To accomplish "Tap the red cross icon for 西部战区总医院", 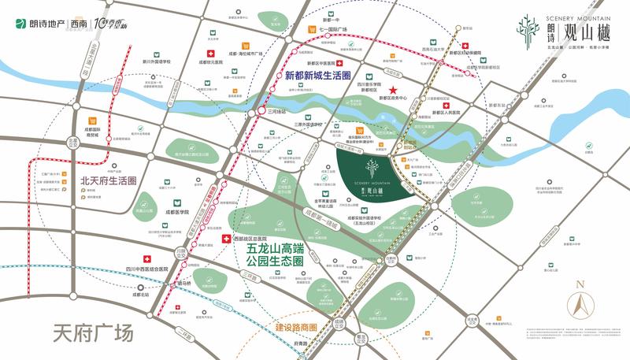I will [227, 238].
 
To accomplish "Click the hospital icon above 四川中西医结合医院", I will [146, 259].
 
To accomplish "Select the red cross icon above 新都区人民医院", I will [446, 105].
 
